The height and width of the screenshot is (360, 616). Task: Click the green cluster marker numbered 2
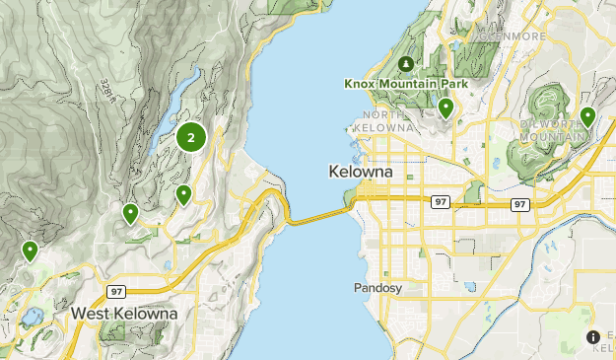pos(190,138)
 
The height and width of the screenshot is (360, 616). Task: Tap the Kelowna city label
pos(360,172)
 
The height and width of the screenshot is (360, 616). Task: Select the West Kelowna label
pos(124,313)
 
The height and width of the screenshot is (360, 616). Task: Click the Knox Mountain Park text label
pos(405,84)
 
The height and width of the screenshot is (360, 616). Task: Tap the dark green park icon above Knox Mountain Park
pos(405,65)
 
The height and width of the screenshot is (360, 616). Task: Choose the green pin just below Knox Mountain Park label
pos(446,108)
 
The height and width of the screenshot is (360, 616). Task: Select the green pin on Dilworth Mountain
pos(588,116)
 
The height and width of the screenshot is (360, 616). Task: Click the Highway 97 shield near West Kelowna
pos(115,291)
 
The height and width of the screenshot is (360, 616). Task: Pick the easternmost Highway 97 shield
pos(519,204)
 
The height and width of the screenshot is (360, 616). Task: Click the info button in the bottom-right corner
pos(593,337)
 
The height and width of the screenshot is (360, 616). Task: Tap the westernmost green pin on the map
pos(31,251)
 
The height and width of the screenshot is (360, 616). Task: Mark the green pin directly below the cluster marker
pos(183,194)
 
